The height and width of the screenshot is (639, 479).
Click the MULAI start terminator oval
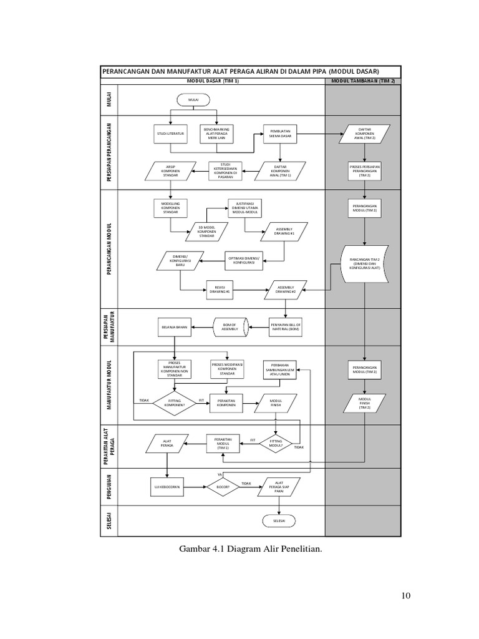194,99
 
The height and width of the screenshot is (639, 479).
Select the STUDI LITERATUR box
170,134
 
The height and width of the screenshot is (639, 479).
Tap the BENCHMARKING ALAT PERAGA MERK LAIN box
216,134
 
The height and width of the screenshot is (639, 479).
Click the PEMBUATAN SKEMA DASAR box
280,134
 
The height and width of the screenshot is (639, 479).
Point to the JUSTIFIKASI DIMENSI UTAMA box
245,208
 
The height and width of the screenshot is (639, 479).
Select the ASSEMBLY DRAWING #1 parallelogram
285,231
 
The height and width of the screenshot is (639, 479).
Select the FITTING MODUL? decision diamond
276,444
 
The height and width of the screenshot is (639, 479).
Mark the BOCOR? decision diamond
223,487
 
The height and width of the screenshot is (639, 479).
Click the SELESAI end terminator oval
279,520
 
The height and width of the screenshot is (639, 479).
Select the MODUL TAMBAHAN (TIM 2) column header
364,81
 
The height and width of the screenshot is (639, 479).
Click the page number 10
405,596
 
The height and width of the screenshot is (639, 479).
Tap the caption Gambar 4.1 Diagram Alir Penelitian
250,549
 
